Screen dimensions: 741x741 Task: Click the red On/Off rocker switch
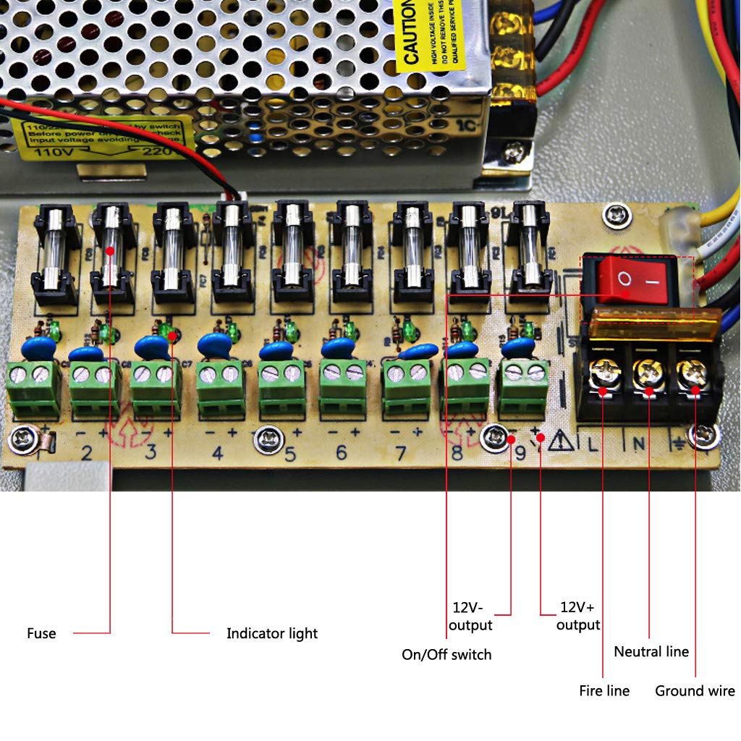pos(630,279)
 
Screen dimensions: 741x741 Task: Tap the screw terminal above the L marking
pos(602,375)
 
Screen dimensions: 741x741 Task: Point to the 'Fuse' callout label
pos(41,633)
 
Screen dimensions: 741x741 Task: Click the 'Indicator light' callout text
pos(272,633)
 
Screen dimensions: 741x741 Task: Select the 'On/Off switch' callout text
pos(446,655)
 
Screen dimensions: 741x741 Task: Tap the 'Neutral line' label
pos(651,651)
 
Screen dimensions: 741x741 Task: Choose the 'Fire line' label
pos(604,690)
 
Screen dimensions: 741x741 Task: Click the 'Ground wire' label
pos(695,690)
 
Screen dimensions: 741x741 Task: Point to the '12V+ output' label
pos(578,616)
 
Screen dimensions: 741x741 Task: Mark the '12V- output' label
pos(470,616)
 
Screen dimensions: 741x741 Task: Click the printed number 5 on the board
pos(290,454)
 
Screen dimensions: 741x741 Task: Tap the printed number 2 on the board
pos(87,454)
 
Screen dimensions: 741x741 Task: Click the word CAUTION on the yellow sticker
pos(410,33)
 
